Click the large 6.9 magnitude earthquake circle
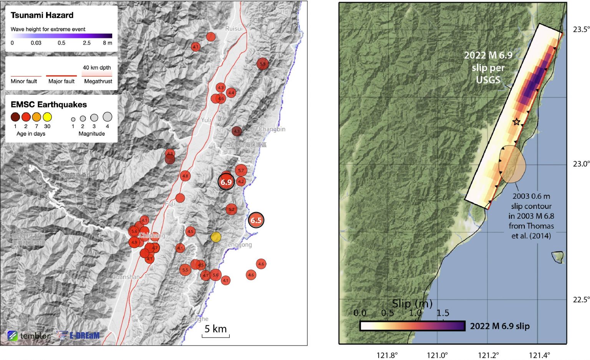click(226, 182)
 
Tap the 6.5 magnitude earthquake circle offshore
click(256, 220)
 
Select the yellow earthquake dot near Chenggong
click(216, 237)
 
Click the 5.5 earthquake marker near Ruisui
click(262, 64)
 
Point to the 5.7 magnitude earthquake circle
click(241, 170)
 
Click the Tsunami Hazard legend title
click(42, 15)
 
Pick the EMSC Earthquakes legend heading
click(49, 104)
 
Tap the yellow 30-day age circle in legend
click(47, 117)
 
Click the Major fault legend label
click(61, 81)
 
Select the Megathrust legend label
click(98, 81)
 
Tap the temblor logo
click(28, 336)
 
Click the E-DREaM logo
click(78, 335)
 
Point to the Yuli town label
click(206, 120)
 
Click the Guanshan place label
click(126, 277)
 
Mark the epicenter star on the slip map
click(517, 122)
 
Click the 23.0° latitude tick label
click(581, 164)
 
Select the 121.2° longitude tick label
click(488, 355)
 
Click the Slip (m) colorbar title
click(412, 304)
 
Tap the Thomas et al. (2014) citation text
click(531, 231)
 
